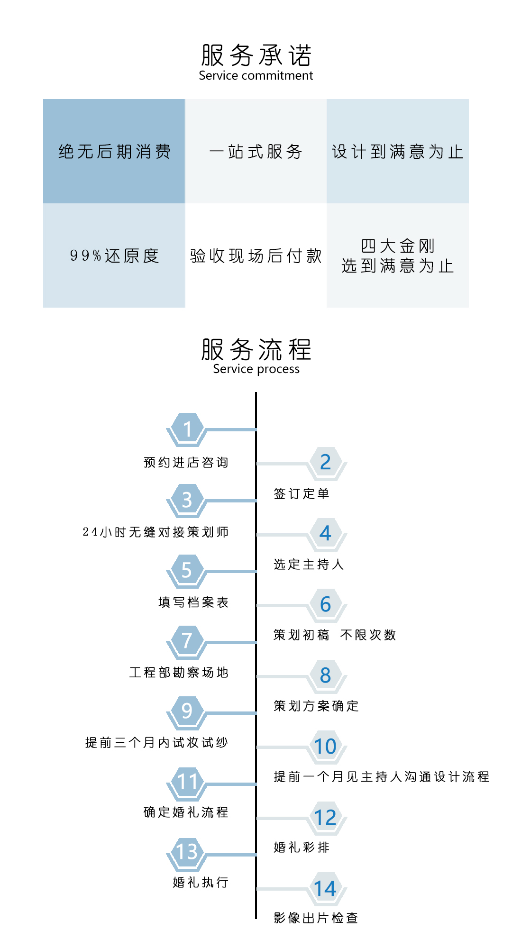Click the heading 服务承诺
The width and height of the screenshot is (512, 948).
point(256,55)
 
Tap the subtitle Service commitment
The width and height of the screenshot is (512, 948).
point(256,75)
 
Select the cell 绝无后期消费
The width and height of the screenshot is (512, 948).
point(114,151)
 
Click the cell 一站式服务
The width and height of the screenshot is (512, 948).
point(256,151)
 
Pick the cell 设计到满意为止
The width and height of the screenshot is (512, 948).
point(398,151)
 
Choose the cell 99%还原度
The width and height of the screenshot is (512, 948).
point(114,255)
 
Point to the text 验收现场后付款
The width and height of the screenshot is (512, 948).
point(256,255)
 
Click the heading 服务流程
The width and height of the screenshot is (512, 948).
point(256,349)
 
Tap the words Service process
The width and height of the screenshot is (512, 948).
point(256,369)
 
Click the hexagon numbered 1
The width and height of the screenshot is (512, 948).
point(187,429)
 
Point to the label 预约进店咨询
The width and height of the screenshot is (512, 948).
point(186,462)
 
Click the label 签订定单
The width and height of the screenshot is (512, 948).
point(302,493)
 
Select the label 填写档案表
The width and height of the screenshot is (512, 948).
point(193,602)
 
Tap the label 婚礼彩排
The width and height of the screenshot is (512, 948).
point(302,847)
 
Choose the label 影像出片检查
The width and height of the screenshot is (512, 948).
point(316,918)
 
